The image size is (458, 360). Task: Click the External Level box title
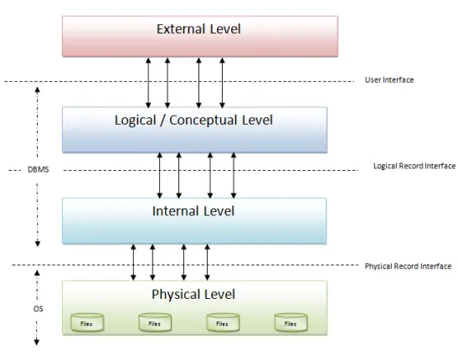point(198,29)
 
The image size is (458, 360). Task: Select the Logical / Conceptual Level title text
point(193,121)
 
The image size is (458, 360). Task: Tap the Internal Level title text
point(193,211)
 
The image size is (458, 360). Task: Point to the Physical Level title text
point(193,295)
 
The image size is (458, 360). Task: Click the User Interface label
point(389,80)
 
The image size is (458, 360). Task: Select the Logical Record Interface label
point(414,166)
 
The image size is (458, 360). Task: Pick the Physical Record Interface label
point(408,266)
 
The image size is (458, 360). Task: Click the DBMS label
point(39,170)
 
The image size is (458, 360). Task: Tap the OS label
point(38,309)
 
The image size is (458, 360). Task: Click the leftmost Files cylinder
point(87,322)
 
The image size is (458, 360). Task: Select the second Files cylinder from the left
point(155,322)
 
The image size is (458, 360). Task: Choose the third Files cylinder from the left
point(223,322)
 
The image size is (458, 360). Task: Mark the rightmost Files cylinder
point(291,322)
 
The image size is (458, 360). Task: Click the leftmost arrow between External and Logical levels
point(148,83)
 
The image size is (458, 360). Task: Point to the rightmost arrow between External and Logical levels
point(222,83)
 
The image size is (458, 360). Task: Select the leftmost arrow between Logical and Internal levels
point(159,175)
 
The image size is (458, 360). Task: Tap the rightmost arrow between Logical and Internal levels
point(234,175)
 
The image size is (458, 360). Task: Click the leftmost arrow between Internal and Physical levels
point(133,262)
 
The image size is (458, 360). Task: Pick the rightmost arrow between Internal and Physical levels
point(207,262)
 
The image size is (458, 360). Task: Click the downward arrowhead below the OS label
point(37,342)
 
